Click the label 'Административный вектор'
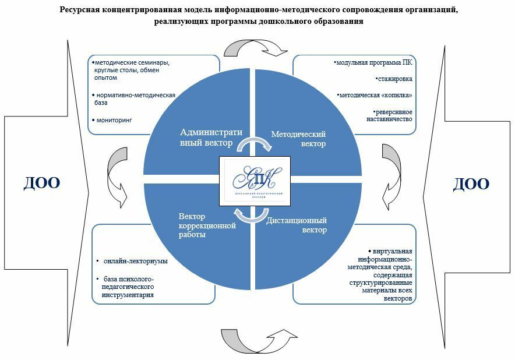pos(210,137)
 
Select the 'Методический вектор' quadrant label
pos(298,139)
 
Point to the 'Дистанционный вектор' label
pos(297,225)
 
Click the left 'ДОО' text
pos(42,183)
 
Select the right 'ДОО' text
pos(471,184)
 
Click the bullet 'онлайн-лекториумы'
pos(132,261)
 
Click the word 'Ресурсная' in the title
pos(80,10)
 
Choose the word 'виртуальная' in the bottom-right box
pos(393,252)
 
